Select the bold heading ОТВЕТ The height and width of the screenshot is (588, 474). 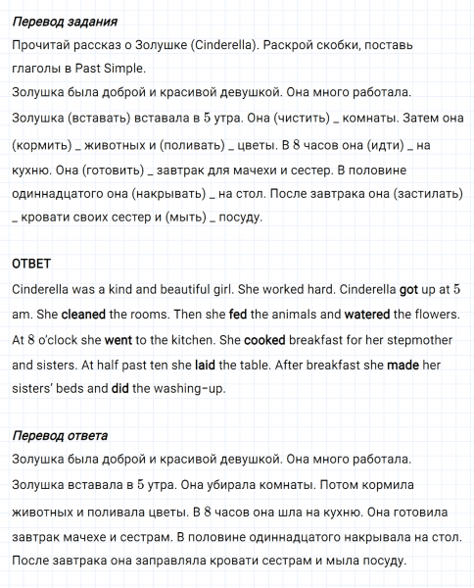pos(30,265)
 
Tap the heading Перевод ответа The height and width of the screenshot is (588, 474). pos(60,435)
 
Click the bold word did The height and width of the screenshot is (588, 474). pos(118,390)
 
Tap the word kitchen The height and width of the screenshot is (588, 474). pos(195,340)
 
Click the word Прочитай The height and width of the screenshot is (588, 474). pos(41,46)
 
